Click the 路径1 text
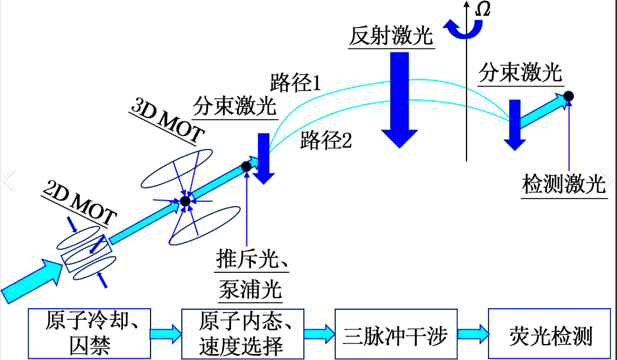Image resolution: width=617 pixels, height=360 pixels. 296,83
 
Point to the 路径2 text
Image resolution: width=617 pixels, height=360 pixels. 326,141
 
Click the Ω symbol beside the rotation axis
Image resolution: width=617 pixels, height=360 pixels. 483,9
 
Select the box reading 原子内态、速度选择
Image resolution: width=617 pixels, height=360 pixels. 243,334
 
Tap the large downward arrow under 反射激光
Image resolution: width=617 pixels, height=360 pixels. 400,99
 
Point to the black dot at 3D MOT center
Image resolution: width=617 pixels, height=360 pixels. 185,201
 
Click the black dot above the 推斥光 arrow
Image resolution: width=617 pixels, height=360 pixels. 246,165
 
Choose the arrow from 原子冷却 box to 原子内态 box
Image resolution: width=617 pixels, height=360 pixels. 166,334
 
